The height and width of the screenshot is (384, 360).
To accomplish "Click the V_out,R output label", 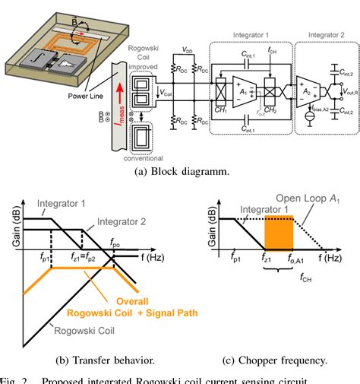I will coord(349,92).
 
